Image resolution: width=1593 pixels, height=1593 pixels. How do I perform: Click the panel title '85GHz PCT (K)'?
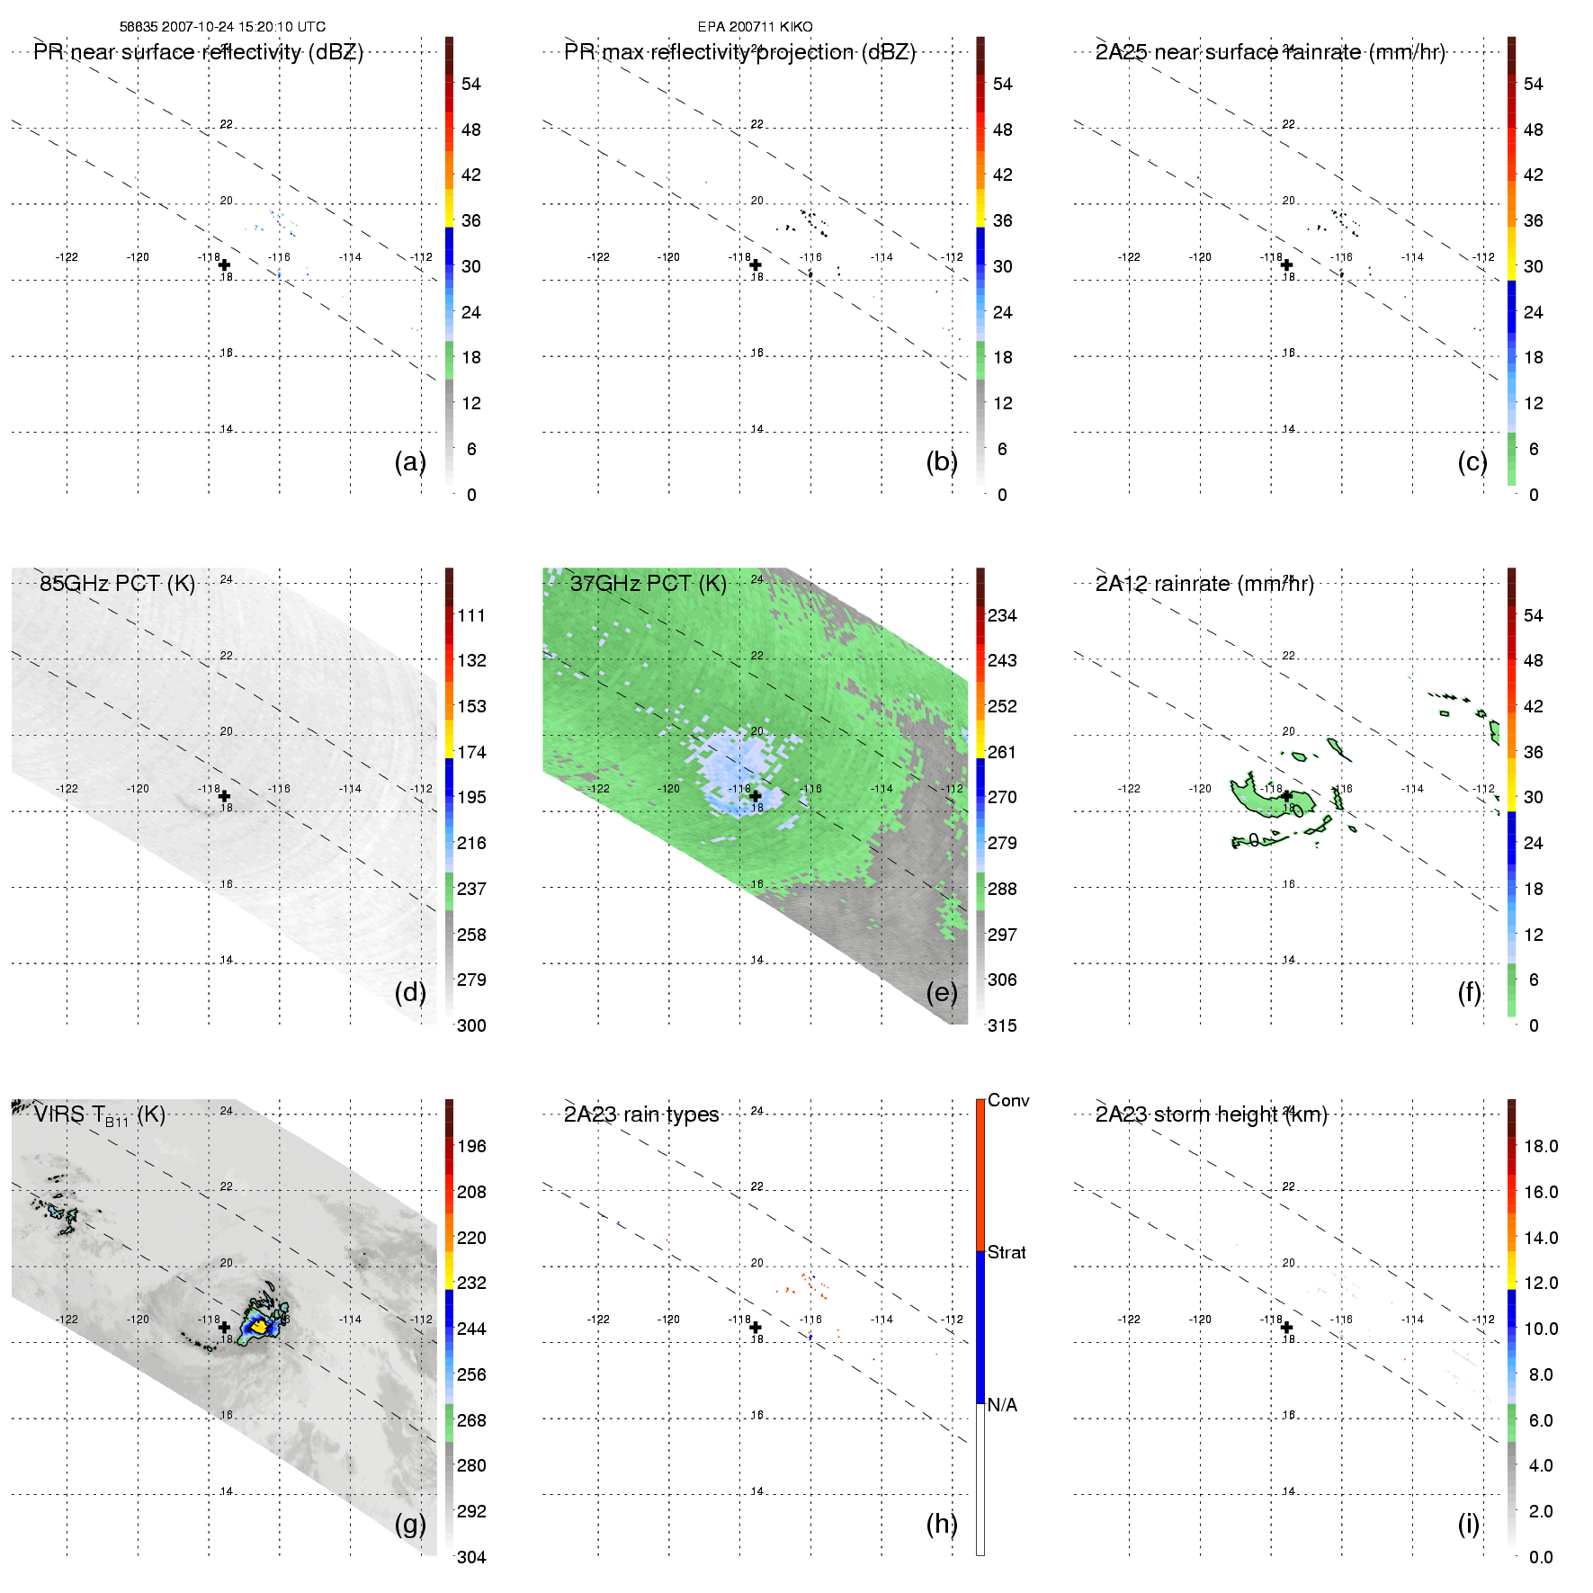tap(117, 584)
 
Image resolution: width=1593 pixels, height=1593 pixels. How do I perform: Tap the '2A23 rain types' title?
tap(640, 1114)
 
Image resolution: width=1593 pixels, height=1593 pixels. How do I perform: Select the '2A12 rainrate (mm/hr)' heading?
tap(1204, 584)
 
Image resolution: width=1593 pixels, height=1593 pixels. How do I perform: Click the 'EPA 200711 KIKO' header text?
tap(755, 27)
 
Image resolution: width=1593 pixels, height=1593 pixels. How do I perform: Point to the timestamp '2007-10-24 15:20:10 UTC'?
tap(243, 27)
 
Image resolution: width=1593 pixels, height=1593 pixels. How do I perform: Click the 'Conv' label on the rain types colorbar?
tap(1007, 1100)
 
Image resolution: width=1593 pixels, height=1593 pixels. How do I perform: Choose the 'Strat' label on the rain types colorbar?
tap(1007, 1252)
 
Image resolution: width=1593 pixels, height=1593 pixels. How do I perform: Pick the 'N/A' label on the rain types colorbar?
tap(1002, 1405)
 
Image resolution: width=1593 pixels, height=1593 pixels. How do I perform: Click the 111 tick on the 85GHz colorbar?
tap(471, 615)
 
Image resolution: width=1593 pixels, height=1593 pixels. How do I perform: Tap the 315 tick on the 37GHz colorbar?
tap(1002, 1025)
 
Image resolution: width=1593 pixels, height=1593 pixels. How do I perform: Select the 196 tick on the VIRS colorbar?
tap(471, 1146)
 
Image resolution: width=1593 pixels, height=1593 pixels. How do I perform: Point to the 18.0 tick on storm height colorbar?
tap(1540, 1146)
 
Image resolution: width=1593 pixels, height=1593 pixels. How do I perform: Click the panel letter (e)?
tap(941, 992)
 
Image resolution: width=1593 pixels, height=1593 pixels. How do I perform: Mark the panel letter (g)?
tap(410, 1524)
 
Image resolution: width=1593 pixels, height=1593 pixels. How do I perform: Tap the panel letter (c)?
tap(1472, 461)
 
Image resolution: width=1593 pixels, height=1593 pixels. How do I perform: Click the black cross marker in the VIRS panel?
tap(224, 1327)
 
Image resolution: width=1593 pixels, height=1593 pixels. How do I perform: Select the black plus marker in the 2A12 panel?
tap(1286, 796)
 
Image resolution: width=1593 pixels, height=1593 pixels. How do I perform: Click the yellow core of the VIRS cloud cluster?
tap(259, 1325)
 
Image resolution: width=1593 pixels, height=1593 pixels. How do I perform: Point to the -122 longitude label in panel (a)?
tap(67, 257)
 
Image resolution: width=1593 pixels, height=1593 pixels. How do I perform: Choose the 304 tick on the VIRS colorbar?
tap(471, 1557)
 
